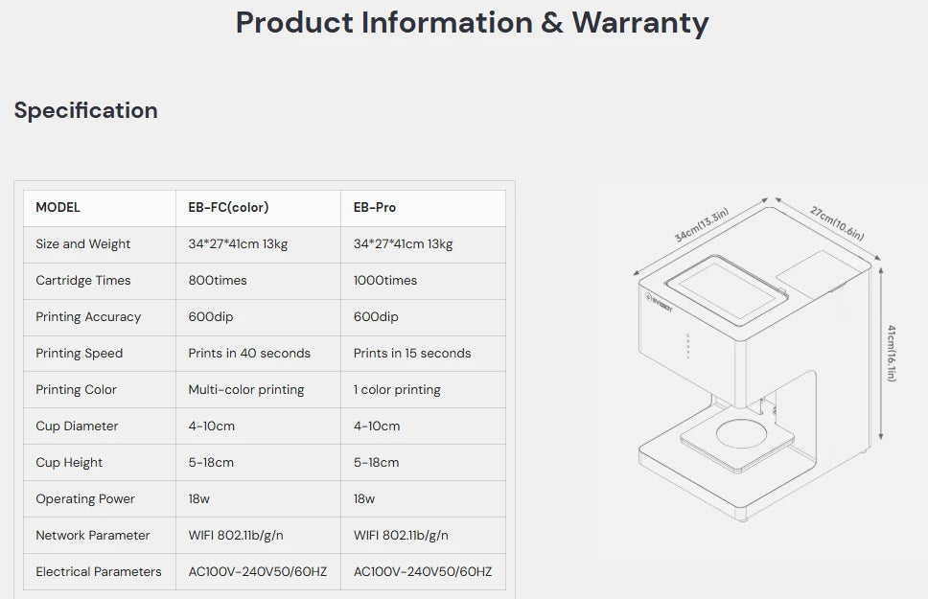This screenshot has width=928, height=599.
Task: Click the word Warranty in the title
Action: click(x=639, y=24)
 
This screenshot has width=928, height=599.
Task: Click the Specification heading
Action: click(x=86, y=110)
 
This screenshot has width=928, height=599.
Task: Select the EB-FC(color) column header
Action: click(x=228, y=207)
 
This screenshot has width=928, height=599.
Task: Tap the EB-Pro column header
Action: click(x=375, y=207)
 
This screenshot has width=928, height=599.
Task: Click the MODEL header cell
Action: click(x=58, y=207)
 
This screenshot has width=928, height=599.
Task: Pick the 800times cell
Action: click(x=218, y=281)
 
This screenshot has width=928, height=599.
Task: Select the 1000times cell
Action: click(x=384, y=281)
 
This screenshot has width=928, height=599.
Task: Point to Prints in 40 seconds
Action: click(x=249, y=354)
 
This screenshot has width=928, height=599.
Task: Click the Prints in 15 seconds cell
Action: click(x=412, y=354)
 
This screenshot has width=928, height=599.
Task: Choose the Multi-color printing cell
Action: click(x=246, y=390)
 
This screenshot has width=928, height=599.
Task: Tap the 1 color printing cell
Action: click(x=397, y=390)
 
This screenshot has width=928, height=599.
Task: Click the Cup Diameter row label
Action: click(x=77, y=426)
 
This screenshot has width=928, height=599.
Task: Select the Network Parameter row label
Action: click(x=93, y=535)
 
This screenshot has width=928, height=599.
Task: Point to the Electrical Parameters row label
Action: click(x=98, y=572)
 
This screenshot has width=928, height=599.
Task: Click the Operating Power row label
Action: click(x=85, y=499)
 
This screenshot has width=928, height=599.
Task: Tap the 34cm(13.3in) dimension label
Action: click(x=702, y=225)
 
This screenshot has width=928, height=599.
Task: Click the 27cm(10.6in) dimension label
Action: click(x=837, y=223)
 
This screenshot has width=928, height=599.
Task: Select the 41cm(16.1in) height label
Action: click(x=892, y=354)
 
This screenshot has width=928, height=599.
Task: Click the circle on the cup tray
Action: click(x=742, y=434)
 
